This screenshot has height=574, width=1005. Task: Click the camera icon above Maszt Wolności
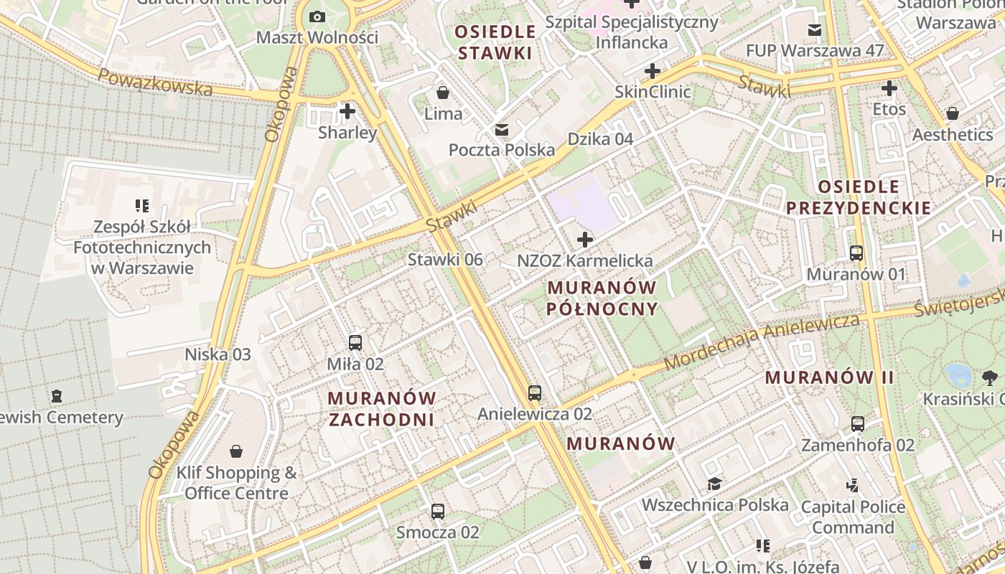317,17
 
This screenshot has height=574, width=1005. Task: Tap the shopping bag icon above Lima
443,93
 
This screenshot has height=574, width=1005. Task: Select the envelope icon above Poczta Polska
501,130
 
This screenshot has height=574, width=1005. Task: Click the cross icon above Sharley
347,111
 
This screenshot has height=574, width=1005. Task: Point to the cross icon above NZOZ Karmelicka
585,240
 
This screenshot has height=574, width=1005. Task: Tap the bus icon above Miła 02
355,343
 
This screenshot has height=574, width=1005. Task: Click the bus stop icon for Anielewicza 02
535,393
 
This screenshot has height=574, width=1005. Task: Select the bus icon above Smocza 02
438,512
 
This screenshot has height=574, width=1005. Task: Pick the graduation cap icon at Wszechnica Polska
714,484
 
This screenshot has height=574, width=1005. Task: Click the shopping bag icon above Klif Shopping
236,451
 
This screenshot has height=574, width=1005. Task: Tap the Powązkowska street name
155,83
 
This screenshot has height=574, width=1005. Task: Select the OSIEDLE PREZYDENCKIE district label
859,197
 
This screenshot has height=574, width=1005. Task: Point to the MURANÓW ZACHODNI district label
382,408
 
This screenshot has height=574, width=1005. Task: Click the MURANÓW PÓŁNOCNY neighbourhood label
602,298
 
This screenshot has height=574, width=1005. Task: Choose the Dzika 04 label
601,139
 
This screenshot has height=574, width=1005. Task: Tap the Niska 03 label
218,354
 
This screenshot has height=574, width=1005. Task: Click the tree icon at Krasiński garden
989,377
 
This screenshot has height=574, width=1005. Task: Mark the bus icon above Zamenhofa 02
858,424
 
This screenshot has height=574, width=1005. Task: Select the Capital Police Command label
853,517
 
